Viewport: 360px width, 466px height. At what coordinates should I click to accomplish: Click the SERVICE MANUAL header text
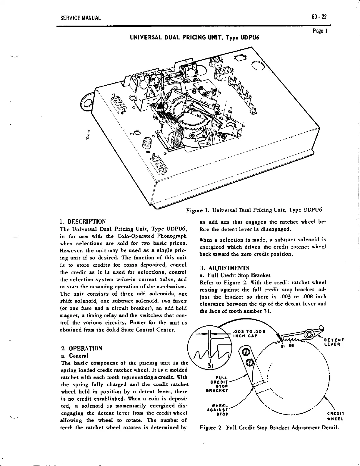click(80, 18)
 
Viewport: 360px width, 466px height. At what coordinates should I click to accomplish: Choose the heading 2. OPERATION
click(81, 349)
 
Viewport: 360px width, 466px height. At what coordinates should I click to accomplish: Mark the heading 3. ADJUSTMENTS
click(224, 268)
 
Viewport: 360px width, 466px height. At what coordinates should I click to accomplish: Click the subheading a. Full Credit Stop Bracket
click(231, 275)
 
